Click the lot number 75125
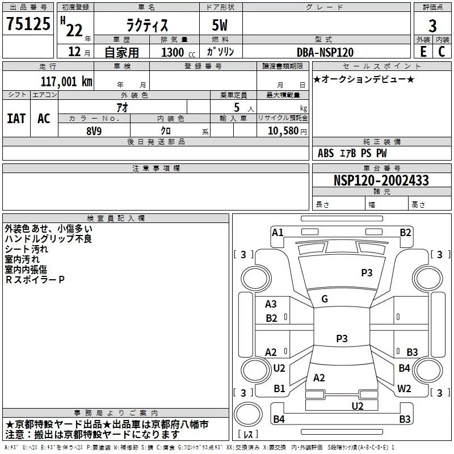coord(28,24)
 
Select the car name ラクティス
coord(147,25)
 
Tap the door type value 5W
coord(220,25)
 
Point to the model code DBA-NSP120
coord(325,52)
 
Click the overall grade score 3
coord(432,26)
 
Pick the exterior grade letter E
coord(423,52)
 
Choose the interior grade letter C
coord(442,52)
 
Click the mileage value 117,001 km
coord(66,82)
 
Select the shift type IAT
coord(16,119)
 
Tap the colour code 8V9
coord(94,131)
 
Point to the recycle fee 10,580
coord(283,131)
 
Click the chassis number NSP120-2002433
coord(381,180)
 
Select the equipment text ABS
coord(326,153)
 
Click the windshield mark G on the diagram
coord(325,299)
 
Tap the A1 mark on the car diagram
coord(278,233)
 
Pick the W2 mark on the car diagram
coord(404,389)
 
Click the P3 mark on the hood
coord(367,273)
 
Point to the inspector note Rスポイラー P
coord(35,280)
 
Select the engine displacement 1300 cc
coord(178,52)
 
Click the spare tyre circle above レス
coord(248,414)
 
